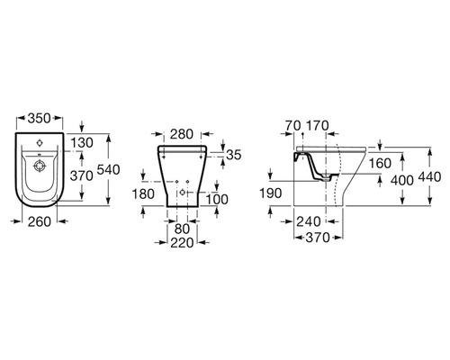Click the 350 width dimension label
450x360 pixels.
tap(39, 118)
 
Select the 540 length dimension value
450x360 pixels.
tap(108, 170)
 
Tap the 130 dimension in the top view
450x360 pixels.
tap(82, 143)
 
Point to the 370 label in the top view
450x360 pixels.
tap(82, 175)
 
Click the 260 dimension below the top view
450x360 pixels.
tap(40, 221)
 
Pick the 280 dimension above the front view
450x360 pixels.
tap(182, 134)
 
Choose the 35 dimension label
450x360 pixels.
tap(234, 155)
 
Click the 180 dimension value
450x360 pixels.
tap(143, 193)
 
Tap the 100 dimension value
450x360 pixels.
tap(218, 199)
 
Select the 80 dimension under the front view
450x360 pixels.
tap(182, 229)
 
